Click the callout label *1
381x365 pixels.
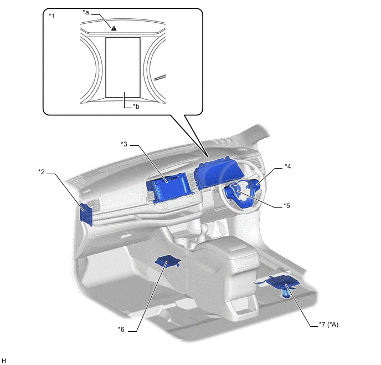click(x=52, y=16)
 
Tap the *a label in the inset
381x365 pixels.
click(x=86, y=12)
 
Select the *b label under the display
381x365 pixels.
click(x=136, y=107)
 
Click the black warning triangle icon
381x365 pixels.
click(x=114, y=28)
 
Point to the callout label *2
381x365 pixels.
click(x=42, y=172)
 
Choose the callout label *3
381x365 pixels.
click(x=124, y=144)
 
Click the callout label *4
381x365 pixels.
click(x=288, y=166)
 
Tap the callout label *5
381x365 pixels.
click(x=287, y=206)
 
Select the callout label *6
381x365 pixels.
click(x=121, y=329)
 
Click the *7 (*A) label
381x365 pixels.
click(x=328, y=325)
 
